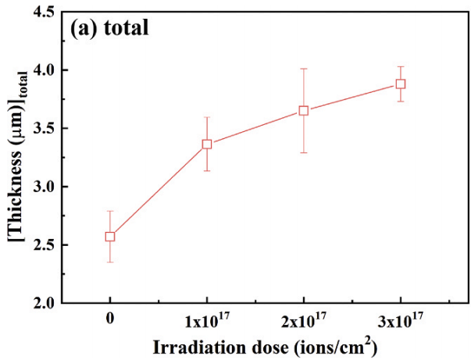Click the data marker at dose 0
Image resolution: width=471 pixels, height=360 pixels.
tap(110, 237)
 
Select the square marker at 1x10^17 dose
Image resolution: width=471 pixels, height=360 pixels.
tap(207, 144)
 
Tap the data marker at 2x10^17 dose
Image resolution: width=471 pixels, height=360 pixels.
tap(304, 110)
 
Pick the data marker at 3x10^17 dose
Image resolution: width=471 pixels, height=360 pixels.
tap(400, 84)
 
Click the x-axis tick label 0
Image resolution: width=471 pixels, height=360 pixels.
tap(110, 319)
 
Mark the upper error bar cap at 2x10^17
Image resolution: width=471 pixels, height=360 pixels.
tap(304, 69)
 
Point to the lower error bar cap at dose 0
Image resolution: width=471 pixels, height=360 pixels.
tap(110, 262)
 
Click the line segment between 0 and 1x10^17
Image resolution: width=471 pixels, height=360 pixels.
tap(159, 191)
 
